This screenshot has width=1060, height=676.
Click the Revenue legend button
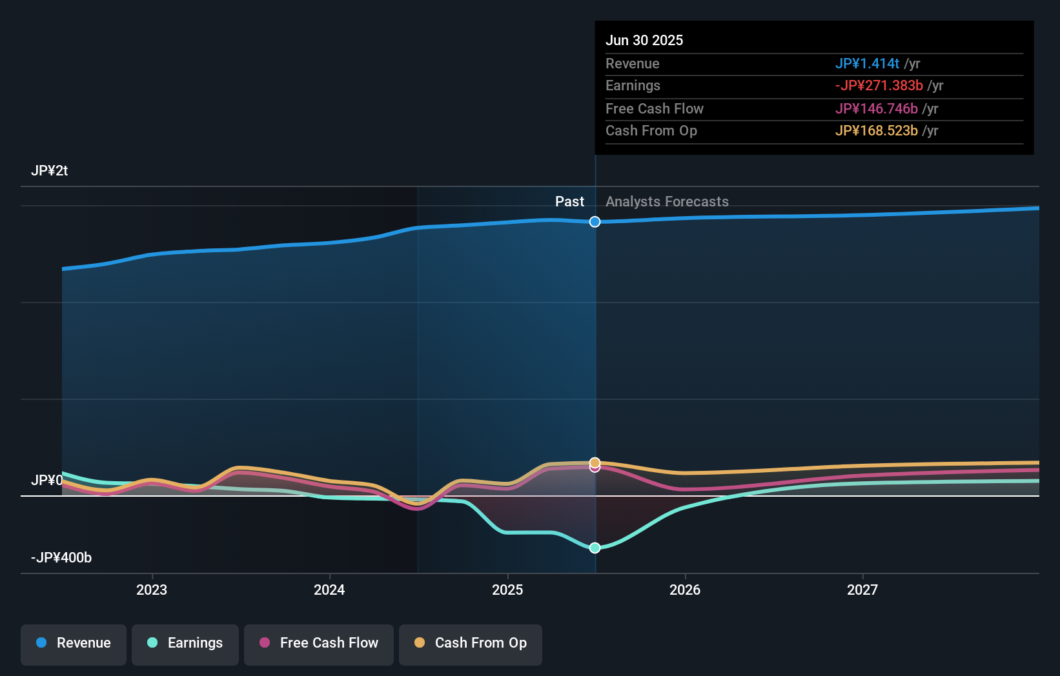click(74, 644)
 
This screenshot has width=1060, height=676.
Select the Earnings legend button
click(185, 644)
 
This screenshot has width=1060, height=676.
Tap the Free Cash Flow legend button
click(319, 644)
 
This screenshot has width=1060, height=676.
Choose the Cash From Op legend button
click(471, 644)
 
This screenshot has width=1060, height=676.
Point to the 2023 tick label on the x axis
click(152, 590)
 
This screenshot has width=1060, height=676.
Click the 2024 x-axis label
click(329, 590)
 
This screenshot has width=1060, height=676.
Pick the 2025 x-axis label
click(507, 590)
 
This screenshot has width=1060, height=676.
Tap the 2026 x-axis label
click(685, 590)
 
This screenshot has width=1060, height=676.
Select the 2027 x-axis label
click(862, 590)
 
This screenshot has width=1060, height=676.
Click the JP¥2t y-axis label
click(50, 171)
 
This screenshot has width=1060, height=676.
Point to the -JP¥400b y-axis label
click(61, 558)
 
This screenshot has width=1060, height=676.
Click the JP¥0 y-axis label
click(47, 481)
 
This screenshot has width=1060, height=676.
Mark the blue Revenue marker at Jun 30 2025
click(595, 222)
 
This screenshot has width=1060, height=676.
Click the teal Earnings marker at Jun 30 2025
click(595, 548)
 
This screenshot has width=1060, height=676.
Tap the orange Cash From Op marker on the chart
click(595, 462)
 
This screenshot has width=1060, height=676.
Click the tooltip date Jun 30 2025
click(644, 41)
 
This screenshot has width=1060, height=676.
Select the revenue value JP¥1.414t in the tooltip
click(867, 64)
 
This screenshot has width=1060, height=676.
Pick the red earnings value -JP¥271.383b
click(879, 86)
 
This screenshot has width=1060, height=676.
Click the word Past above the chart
click(569, 202)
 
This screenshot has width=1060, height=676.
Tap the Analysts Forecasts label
click(667, 202)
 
